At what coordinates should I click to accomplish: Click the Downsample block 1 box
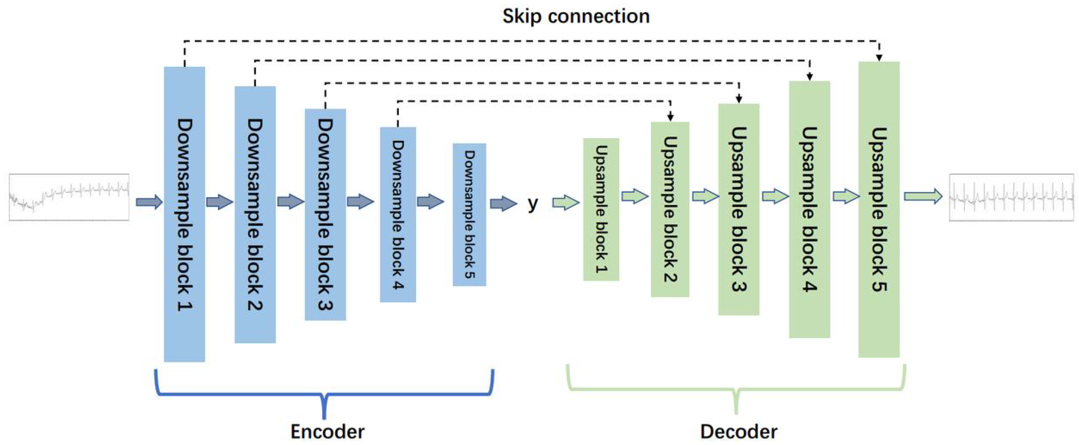click(184, 214)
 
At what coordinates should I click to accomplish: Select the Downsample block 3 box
click(325, 214)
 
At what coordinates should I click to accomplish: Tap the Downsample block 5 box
click(469, 214)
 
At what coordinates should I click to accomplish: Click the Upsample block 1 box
click(601, 209)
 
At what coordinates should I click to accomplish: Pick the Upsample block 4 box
click(809, 209)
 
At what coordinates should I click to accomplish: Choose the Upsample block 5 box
click(879, 209)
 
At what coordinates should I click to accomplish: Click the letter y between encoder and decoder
click(533, 204)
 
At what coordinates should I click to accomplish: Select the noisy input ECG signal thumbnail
click(69, 197)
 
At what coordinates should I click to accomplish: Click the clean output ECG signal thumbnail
click(1011, 197)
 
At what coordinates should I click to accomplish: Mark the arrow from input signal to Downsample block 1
click(149, 202)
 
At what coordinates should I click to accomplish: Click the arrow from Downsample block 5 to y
click(503, 204)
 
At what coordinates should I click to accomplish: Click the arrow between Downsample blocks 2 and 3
click(290, 202)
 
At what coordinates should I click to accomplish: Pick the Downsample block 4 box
click(398, 214)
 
